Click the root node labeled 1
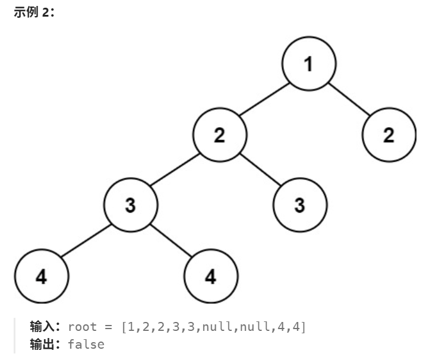click(x=308, y=65)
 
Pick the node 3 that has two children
click(x=131, y=206)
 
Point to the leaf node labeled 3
click(x=300, y=206)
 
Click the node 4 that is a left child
click(x=42, y=276)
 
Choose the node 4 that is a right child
click(x=211, y=276)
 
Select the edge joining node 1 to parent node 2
click(x=264, y=100)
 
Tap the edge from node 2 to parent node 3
click(x=176, y=170)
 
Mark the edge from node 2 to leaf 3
click(x=260, y=170)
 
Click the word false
click(x=86, y=345)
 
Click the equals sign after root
click(x=108, y=327)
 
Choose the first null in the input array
click(x=214, y=327)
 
